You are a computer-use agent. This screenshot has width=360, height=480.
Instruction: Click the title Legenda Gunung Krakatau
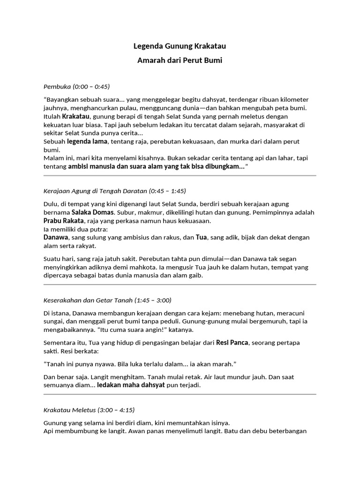coord(180,46)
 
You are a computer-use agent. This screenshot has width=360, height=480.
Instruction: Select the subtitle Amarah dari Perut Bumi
coord(180,60)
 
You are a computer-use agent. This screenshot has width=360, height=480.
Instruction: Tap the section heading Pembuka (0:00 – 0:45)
coord(76,87)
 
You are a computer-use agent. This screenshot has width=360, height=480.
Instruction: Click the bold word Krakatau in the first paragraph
coord(77,116)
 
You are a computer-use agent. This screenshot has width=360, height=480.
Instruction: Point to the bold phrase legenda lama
coord(87,142)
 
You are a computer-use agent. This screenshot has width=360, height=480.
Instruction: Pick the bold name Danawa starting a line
coord(55,238)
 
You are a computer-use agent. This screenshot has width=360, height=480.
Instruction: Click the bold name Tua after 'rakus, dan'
coord(202,238)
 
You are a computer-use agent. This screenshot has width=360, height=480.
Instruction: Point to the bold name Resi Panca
coord(232,343)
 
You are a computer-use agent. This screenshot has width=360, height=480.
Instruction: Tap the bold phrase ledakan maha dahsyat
coord(131,385)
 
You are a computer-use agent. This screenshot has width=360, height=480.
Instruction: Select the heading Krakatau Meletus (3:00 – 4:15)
coord(89,410)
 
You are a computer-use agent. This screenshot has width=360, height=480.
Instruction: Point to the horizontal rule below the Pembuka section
coord(180,176)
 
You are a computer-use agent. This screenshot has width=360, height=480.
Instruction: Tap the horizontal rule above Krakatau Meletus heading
coord(180,395)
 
